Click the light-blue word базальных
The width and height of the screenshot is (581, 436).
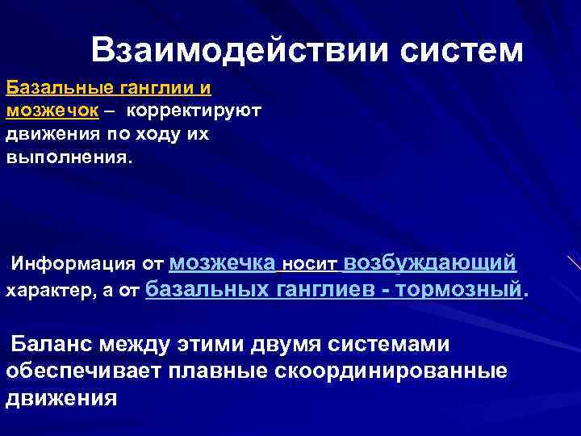coord(209,288)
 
